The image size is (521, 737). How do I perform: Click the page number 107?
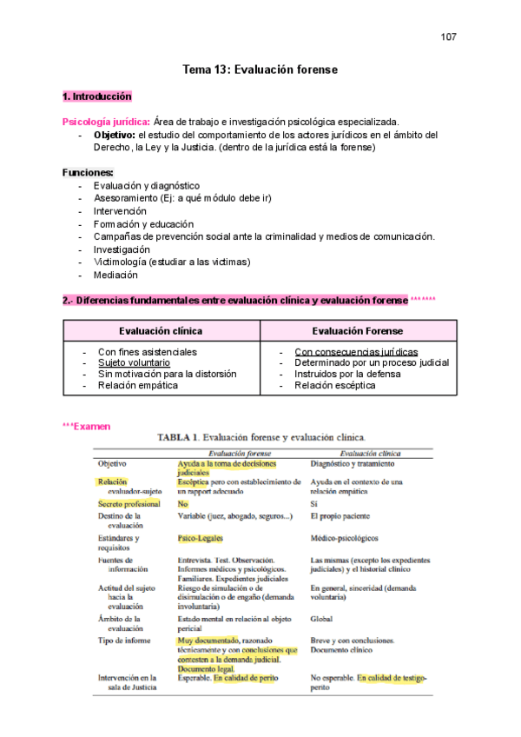[448, 37]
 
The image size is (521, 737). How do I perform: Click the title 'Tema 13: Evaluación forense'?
[260, 70]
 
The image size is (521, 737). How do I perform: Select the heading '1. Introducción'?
[96, 96]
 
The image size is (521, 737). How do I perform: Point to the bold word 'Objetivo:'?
[114, 136]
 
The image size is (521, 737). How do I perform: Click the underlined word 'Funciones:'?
[88, 173]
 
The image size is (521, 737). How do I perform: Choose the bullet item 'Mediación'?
[115, 276]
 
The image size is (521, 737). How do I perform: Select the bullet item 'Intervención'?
[120, 211]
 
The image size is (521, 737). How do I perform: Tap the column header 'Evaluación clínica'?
[161, 331]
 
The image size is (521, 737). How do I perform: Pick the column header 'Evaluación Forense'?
[356, 331]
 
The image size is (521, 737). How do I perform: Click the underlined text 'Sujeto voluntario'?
[135, 363]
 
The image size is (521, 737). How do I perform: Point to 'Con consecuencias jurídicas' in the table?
[356, 352]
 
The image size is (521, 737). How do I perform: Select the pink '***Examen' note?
[87, 427]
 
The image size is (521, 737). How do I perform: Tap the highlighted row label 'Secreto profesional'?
[129, 504]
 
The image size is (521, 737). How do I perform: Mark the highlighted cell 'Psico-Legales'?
[201, 539]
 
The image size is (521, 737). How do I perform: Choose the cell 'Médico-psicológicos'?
[346, 539]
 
